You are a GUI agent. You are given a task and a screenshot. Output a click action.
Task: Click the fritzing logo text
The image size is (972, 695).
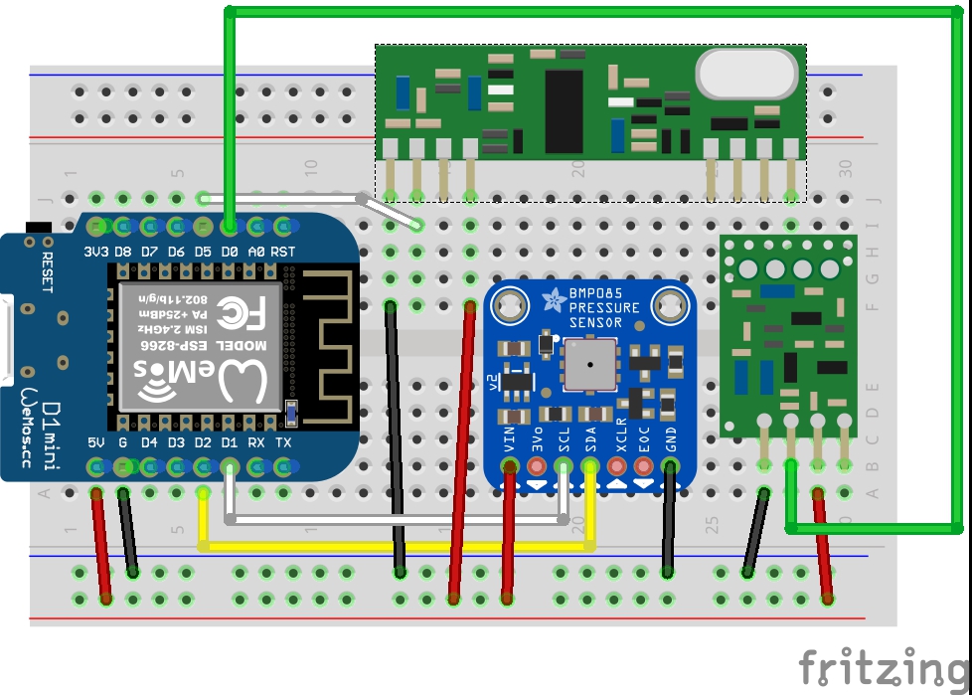coord(883,666)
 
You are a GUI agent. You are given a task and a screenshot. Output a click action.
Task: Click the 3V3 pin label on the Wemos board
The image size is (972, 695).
coord(96,252)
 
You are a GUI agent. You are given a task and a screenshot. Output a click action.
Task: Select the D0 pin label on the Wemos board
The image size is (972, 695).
coord(230,252)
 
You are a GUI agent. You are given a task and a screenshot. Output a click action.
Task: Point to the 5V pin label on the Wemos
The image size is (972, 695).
coord(96,442)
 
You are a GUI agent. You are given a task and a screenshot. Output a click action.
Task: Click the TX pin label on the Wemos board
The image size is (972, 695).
coord(283,442)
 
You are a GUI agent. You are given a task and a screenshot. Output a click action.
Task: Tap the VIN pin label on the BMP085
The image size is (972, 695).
coord(510,438)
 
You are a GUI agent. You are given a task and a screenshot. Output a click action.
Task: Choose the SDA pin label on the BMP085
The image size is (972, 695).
coord(590,438)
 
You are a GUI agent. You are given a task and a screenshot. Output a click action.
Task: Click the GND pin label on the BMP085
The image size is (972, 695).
coord(671,438)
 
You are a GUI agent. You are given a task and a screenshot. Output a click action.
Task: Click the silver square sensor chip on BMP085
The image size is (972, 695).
coord(588,363)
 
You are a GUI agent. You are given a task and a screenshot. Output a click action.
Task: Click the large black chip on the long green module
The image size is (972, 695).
coord(564,110)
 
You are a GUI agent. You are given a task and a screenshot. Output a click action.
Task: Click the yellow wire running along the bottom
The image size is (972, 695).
coord(398,545)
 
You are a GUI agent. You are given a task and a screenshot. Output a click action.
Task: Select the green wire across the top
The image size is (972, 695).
coord(596,12)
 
